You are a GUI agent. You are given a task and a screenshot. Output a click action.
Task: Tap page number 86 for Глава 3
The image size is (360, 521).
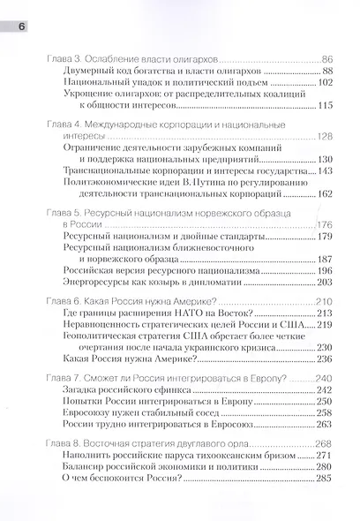(325, 57)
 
